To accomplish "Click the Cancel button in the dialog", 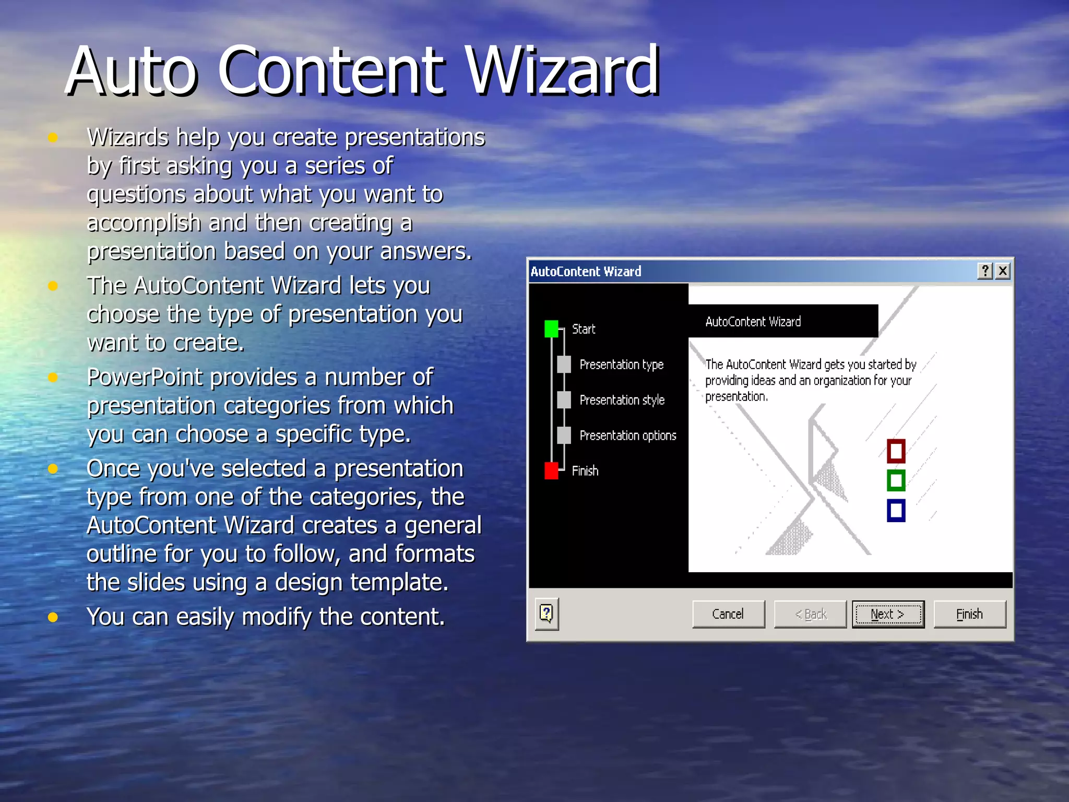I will pos(728,614).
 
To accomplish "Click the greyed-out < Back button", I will pos(810,614).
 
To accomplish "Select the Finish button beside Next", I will pos(969,614).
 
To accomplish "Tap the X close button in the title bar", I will pos(1003,271).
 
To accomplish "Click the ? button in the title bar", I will pos(985,271).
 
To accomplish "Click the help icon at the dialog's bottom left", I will pos(547,614).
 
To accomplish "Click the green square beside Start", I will pos(551,329).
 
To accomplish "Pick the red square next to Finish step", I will pos(551,470).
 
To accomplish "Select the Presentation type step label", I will pos(621,364).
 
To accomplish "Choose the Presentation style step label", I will pos(622,400).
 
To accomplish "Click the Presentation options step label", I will pos(627,435).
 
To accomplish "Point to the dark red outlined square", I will pos(896,451).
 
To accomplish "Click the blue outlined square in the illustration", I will pos(896,510).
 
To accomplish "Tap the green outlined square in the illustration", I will pos(896,480).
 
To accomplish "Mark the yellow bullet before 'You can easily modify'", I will pos(53,617).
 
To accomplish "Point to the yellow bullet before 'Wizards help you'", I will pos(53,138).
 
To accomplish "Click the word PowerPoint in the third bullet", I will pos(145,377).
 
